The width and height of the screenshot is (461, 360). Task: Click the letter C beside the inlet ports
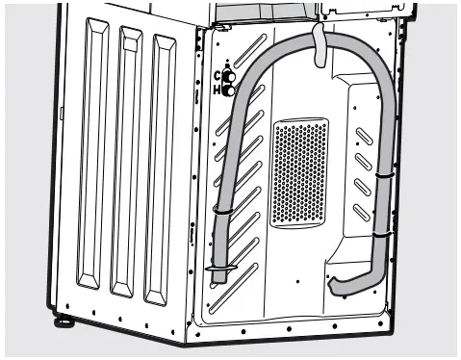[218, 74]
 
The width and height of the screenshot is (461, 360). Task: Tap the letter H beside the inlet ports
[218, 90]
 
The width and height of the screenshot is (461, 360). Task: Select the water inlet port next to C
[230, 75]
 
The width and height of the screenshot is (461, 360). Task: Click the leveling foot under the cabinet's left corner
[64, 317]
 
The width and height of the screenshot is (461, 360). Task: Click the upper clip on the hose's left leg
[224, 209]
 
